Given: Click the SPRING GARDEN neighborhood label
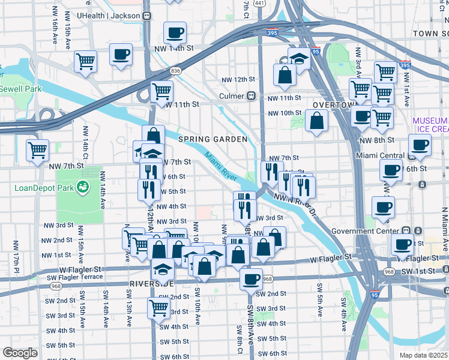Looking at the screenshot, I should (x=212, y=139).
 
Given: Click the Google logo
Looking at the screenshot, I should (x=20, y=352).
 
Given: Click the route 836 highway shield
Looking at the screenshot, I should (x=176, y=71).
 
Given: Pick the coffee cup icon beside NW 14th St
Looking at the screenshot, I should (x=175, y=32).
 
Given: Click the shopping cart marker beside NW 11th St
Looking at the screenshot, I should (x=161, y=91).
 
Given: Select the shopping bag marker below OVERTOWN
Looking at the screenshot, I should (x=316, y=120).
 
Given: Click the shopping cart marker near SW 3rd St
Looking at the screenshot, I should (x=158, y=308).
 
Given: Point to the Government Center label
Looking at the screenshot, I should (x=373, y=231).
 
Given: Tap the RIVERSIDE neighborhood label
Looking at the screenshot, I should (x=152, y=283).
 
